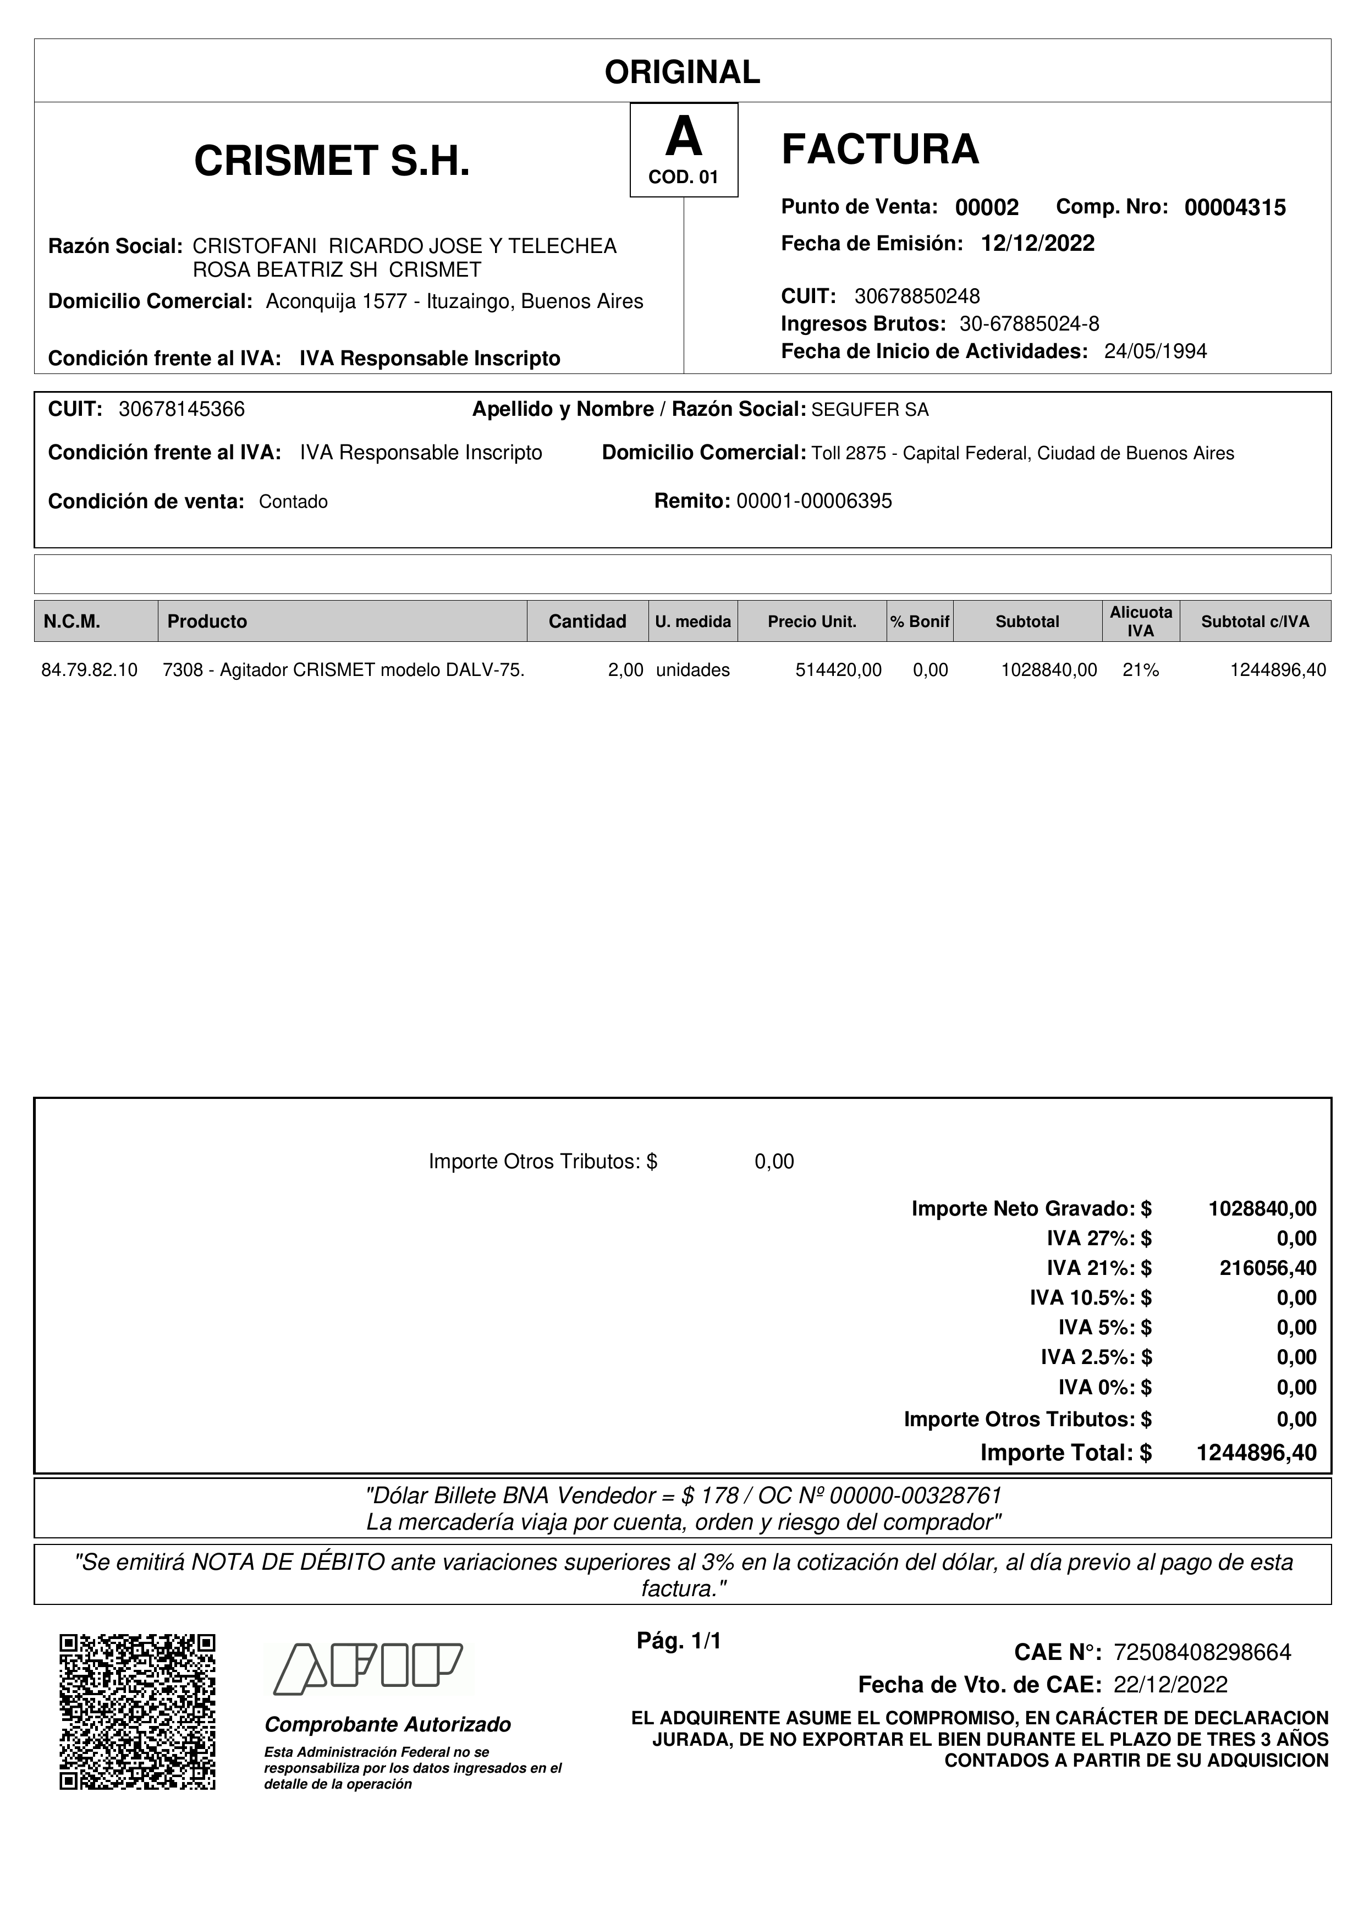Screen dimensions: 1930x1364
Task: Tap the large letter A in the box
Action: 683,137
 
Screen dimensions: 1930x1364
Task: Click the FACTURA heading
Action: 880,150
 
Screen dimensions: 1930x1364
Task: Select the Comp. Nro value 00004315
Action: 1235,207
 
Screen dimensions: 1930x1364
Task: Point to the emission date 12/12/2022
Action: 1037,244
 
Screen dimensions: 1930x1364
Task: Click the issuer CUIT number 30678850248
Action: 917,296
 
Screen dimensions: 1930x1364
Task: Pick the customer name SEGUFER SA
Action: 870,410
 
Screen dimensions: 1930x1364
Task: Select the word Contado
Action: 293,502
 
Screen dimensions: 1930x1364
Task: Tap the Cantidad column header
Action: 587,621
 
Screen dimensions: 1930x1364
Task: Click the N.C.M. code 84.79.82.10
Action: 89,670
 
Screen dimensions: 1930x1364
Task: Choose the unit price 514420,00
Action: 838,670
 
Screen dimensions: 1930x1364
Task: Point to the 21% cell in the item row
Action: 1141,670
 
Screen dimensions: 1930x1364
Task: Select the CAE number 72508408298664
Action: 1202,1653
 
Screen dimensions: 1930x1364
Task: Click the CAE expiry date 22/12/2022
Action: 1170,1685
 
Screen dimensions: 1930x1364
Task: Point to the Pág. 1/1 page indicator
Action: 679,1641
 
